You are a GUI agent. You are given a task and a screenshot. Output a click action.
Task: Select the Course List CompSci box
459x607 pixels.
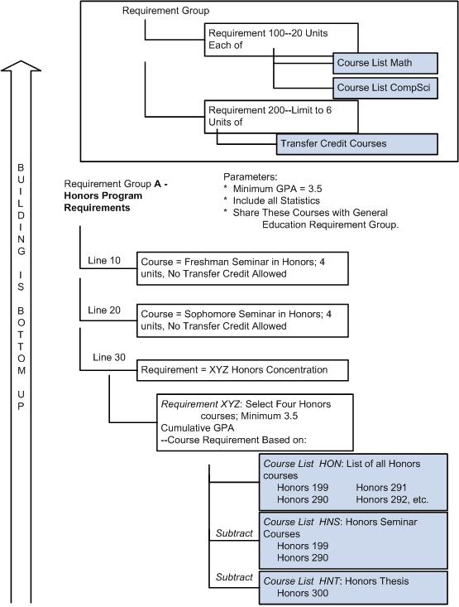click(x=384, y=87)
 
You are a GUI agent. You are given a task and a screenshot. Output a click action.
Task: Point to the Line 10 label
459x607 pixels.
click(x=104, y=261)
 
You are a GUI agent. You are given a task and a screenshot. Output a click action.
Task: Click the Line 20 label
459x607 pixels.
click(x=104, y=310)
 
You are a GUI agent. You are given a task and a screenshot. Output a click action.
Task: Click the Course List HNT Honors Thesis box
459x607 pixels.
click(x=353, y=587)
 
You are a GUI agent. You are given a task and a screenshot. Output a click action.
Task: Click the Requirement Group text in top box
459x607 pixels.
click(x=165, y=11)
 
